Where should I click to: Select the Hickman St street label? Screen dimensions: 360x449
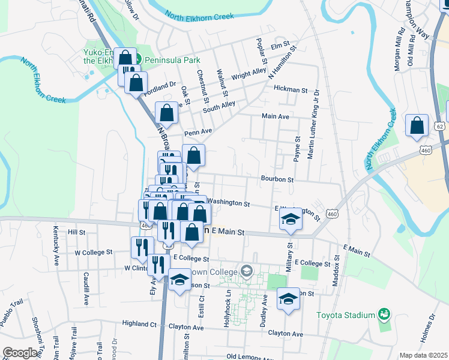coord(290,89)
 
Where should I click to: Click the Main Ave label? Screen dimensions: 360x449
coord(276,116)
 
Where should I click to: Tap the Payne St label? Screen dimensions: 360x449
coord(297,148)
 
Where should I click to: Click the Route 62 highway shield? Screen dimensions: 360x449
coord(440,127)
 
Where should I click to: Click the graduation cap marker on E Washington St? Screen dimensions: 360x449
coord(291,219)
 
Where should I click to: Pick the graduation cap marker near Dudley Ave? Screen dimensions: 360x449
coord(288,299)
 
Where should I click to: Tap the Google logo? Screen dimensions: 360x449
coord(19,353)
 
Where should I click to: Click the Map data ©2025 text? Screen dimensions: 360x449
coord(423,355)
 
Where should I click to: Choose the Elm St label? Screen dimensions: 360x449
coord(280,46)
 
